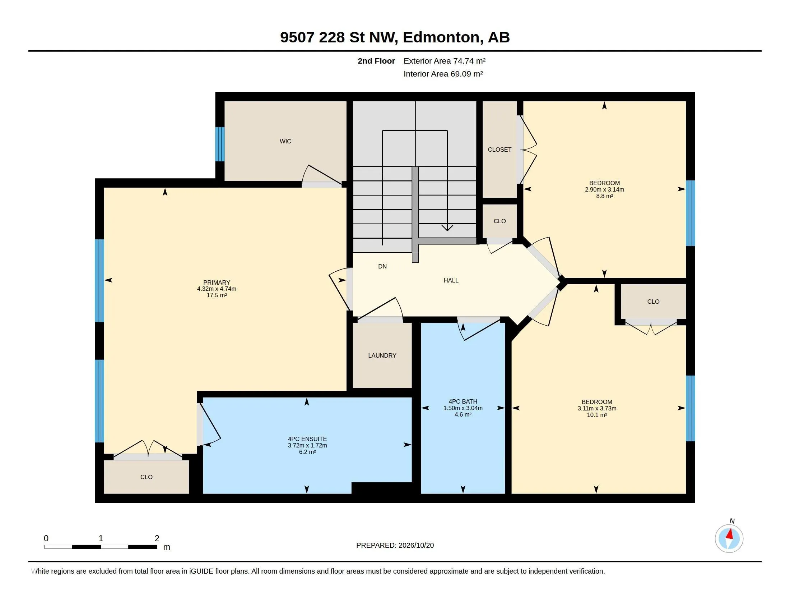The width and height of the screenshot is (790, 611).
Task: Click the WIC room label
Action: [x=285, y=141]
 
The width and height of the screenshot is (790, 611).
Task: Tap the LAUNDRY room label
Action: [x=382, y=355]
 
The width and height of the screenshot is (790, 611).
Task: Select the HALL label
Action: [x=451, y=280]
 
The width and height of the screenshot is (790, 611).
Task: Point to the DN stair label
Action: [x=382, y=266]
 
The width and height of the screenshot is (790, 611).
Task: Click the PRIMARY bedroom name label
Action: [x=217, y=282]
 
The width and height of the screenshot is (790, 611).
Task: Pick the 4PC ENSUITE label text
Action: [x=307, y=439]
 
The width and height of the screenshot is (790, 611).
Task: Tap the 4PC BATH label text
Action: [x=463, y=401]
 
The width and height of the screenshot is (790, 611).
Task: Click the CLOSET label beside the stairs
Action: [x=499, y=150]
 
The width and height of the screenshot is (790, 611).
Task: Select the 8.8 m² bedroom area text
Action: [x=604, y=196]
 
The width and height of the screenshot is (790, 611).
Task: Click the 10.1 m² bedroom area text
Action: [x=597, y=415]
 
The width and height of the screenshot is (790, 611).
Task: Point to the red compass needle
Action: [x=730, y=533]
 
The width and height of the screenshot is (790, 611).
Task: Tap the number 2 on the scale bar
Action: [x=157, y=538]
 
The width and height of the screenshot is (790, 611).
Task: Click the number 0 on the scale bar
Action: [x=46, y=538]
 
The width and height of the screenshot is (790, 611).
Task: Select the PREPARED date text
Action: [x=395, y=545]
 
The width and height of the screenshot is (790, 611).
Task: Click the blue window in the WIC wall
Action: [x=220, y=144]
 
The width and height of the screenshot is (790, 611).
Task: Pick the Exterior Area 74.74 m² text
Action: [x=445, y=61]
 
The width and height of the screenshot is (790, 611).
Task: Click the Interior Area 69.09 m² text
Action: [x=443, y=74]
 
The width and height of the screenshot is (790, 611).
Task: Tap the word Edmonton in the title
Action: [x=443, y=37]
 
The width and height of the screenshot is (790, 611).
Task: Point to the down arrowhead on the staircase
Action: [x=447, y=228]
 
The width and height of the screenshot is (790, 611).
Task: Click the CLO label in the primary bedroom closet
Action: [x=147, y=477]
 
